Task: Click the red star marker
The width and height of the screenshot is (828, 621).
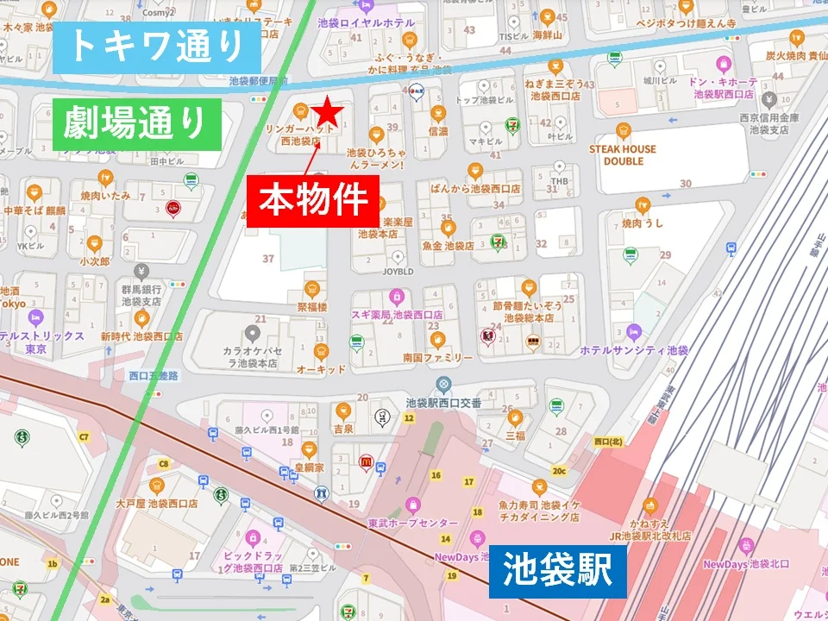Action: click(329, 111)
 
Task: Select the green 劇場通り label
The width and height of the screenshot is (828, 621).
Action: click(136, 123)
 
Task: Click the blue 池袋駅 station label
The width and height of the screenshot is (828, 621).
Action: click(557, 569)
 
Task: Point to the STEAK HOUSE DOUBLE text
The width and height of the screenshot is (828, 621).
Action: click(623, 154)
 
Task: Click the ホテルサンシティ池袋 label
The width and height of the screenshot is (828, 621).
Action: click(634, 350)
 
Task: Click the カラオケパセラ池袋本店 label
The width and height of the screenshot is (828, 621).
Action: click(253, 357)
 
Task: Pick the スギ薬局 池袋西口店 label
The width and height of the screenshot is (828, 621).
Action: click(397, 315)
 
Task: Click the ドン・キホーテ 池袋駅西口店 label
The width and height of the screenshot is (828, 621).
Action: click(720, 86)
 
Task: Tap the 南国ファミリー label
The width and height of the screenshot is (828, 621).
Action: click(436, 356)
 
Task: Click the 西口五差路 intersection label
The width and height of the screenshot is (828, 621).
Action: click(153, 376)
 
